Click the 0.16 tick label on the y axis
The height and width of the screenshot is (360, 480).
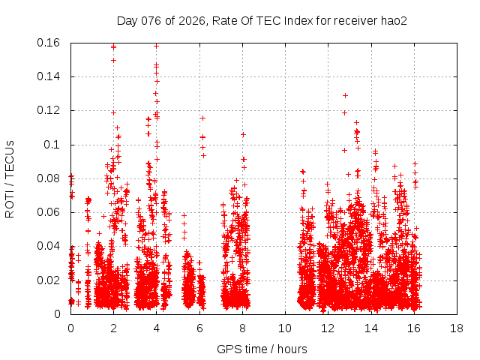[x=51, y=43]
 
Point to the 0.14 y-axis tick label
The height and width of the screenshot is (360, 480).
[x=51, y=76]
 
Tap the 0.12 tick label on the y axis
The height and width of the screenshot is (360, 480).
[x=51, y=110]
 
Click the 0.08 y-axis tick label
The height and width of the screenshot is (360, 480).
[x=51, y=178]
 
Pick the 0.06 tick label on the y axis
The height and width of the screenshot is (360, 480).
[x=51, y=212]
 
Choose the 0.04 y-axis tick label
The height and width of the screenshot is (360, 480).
[x=51, y=246]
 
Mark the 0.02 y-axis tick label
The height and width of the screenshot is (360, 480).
[x=51, y=280]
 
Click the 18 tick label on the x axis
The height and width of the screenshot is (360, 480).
[x=456, y=328]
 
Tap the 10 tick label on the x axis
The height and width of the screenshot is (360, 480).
[x=285, y=328]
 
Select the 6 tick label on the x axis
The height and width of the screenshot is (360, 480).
[x=199, y=328]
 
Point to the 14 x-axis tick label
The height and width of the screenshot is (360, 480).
[x=370, y=328]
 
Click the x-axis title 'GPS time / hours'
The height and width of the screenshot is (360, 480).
[x=262, y=349]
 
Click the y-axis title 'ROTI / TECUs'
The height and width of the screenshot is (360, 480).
[x=10, y=178]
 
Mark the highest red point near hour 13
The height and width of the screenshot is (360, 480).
[x=345, y=95]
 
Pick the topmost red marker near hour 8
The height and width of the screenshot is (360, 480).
[x=243, y=134]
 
